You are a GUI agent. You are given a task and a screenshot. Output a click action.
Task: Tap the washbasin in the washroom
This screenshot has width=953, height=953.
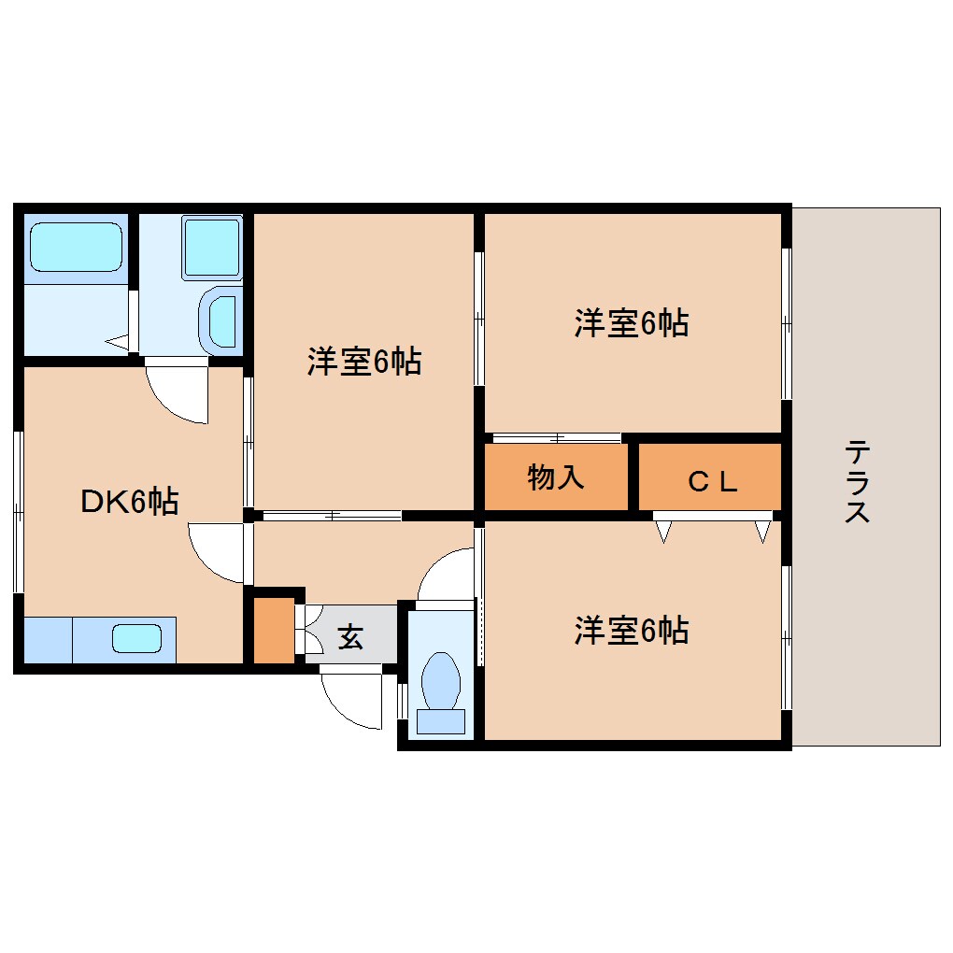coord(221,320)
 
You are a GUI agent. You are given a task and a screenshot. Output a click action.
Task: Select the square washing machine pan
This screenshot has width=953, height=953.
coord(212,248)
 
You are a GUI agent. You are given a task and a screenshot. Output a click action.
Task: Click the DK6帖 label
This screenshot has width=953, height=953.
coord(129,502)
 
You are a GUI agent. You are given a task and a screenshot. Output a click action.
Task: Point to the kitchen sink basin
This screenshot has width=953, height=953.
coord(137,639)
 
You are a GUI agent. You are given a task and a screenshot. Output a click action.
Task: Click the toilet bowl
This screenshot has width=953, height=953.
coord(441,680)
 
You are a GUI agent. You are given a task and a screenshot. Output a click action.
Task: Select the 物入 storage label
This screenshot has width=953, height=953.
coord(556,477)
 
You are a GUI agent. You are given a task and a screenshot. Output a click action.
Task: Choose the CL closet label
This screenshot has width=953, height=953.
coord(714,481)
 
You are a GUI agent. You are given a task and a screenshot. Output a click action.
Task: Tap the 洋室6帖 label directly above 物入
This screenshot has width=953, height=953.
coord(632,323)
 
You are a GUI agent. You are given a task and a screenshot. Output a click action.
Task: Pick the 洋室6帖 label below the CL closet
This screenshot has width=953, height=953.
coord(632,632)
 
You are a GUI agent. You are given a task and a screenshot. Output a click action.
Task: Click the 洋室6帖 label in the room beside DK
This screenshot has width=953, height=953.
coord(364,361)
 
